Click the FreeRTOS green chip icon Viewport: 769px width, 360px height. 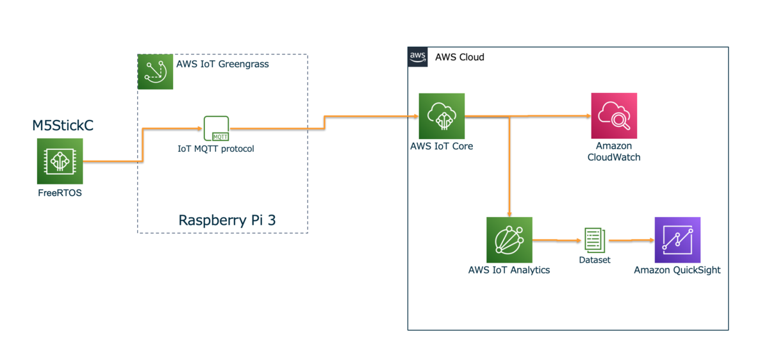pyautogui.click(x=60, y=161)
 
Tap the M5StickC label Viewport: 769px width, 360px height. pyautogui.click(x=63, y=126)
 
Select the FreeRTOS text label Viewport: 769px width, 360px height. pyautogui.click(x=60, y=193)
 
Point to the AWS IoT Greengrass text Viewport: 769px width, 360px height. pyautogui.click(x=222, y=64)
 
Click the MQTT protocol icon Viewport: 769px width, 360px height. pyautogui.click(x=216, y=129)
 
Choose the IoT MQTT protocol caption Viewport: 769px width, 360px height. pyautogui.click(x=216, y=149)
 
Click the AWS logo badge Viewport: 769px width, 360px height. pyautogui.click(x=418, y=57)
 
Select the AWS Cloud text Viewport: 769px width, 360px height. pyautogui.click(x=459, y=57)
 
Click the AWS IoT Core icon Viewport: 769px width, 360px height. pyautogui.click(x=442, y=116)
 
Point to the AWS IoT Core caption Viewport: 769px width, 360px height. pyautogui.click(x=442, y=146)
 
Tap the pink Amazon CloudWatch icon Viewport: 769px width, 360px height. pyautogui.click(x=614, y=116)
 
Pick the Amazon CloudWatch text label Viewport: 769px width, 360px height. pyautogui.click(x=614, y=152)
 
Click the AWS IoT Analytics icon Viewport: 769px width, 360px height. pyautogui.click(x=509, y=240)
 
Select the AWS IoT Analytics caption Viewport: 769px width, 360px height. pyautogui.click(x=509, y=270)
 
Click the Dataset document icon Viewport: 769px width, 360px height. pyautogui.click(x=594, y=240)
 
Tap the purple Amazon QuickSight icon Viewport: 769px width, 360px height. pyautogui.click(x=677, y=240)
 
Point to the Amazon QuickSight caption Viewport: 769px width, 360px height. pyautogui.click(x=677, y=270)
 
